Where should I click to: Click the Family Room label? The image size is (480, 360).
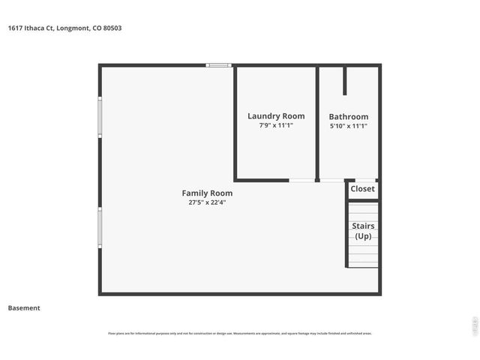pyautogui.click(x=206, y=193)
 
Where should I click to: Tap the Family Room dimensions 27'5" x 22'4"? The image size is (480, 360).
pyautogui.click(x=206, y=202)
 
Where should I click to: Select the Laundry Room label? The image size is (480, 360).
pyautogui.click(x=276, y=116)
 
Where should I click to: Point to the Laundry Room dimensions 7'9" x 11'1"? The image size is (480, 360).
pyautogui.click(x=276, y=126)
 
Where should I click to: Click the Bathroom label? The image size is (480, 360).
pyautogui.click(x=349, y=117)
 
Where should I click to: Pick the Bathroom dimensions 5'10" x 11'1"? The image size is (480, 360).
pyautogui.click(x=349, y=126)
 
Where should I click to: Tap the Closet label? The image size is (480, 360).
pyautogui.click(x=362, y=189)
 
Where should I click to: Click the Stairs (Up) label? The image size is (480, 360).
pyautogui.click(x=363, y=231)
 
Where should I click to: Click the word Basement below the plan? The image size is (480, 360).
pyautogui.click(x=24, y=307)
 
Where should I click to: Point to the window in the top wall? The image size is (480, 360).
pyautogui.click(x=219, y=65)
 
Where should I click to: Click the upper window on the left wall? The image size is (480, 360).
pyautogui.click(x=100, y=117)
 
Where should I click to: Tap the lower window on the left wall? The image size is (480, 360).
pyautogui.click(x=100, y=227)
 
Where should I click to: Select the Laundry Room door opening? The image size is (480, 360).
pyautogui.click(x=301, y=180)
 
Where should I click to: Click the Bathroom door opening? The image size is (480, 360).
pyautogui.click(x=331, y=180)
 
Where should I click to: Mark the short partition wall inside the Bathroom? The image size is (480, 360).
pyautogui.click(x=344, y=81)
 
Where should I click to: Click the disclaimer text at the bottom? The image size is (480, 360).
pyautogui.click(x=240, y=333)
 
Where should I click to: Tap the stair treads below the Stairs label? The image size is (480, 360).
pyautogui.click(x=363, y=255)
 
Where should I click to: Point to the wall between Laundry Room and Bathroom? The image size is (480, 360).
pyautogui.click(x=317, y=124)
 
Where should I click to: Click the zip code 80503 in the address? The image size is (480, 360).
pyautogui.click(x=112, y=28)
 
